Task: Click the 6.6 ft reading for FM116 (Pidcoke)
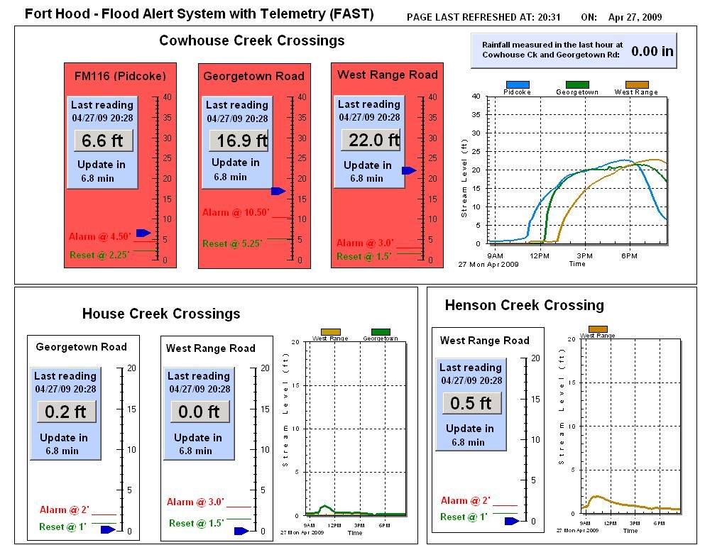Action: pyautogui.click(x=102, y=141)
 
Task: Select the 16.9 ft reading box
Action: pyautogui.click(x=239, y=141)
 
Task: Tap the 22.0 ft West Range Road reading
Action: pyautogui.click(x=371, y=140)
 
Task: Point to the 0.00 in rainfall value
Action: pyautogui.click(x=652, y=51)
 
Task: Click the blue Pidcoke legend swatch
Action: pyautogui.click(x=518, y=84)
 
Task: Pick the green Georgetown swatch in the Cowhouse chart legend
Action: pyautogui.click(x=576, y=84)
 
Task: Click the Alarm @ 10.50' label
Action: pyautogui.click(x=236, y=212)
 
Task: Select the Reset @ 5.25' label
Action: pyautogui.click(x=232, y=243)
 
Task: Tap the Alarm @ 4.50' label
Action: pyautogui.click(x=99, y=236)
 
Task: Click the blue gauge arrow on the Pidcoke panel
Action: pyautogui.click(x=143, y=233)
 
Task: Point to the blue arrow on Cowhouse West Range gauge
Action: pyautogui.click(x=409, y=170)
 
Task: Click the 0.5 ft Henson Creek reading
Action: pyautogui.click(x=471, y=403)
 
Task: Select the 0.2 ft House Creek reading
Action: pyautogui.click(x=65, y=412)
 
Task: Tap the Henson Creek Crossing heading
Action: pyautogui.click(x=524, y=305)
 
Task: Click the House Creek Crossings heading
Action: pyautogui.click(x=161, y=314)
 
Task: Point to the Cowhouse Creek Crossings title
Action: pyautogui.click(x=251, y=40)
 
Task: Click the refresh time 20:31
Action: pyautogui.click(x=548, y=17)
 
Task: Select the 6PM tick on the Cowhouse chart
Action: pyautogui.click(x=629, y=255)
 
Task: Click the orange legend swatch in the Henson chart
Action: pyautogui.click(x=598, y=329)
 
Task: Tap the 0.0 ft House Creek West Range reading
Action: pyautogui.click(x=199, y=412)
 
